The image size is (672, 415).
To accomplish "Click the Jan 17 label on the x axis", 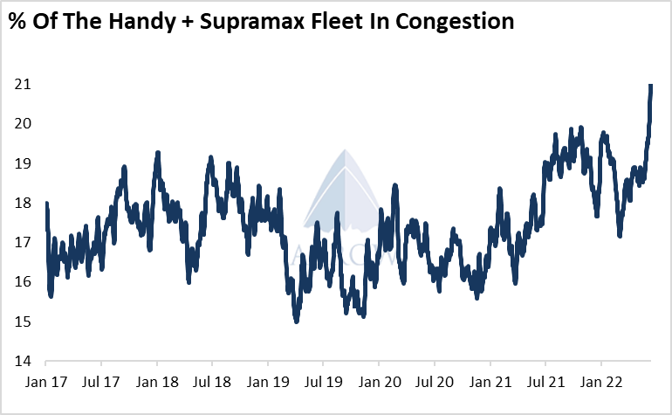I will click(x=46, y=382).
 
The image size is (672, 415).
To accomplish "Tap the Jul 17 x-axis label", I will click(x=101, y=382).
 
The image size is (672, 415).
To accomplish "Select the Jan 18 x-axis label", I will click(x=157, y=382).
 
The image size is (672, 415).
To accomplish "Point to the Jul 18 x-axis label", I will click(x=212, y=382).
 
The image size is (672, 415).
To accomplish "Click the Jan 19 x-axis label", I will click(x=268, y=382).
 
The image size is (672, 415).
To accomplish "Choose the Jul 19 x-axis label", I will click(x=323, y=382).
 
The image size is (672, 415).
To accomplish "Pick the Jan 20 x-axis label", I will click(x=379, y=382).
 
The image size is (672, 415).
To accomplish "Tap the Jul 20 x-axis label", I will click(x=434, y=382).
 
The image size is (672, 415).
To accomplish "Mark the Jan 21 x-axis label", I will click(x=490, y=382).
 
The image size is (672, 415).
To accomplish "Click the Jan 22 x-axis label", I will click(x=600, y=382).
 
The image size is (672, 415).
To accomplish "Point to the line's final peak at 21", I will click(x=651, y=86).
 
